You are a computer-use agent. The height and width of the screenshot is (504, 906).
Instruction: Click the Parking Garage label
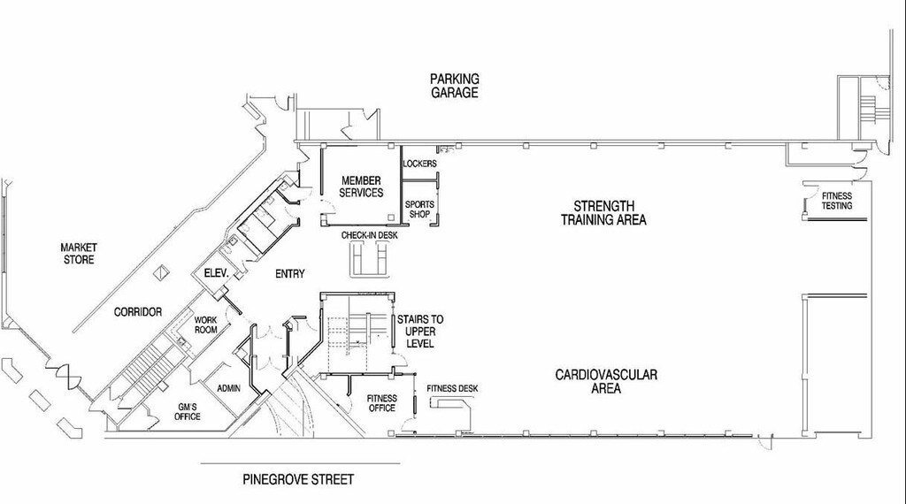click(x=455, y=85)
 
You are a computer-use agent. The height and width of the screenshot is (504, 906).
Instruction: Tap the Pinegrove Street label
click(x=298, y=480)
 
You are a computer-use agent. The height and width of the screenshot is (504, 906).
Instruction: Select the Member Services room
click(x=361, y=187)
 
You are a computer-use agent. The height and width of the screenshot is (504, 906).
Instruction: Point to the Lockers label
click(x=418, y=164)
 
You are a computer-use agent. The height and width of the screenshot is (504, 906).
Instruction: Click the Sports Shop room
click(x=419, y=209)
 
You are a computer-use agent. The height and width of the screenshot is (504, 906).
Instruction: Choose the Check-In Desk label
click(x=369, y=235)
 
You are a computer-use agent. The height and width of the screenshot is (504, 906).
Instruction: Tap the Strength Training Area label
click(x=603, y=213)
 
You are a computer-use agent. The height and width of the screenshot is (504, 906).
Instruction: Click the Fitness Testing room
click(x=836, y=201)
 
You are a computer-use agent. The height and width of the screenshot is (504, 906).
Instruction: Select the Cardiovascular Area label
click(x=606, y=381)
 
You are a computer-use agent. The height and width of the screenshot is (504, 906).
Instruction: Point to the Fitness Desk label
click(x=452, y=388)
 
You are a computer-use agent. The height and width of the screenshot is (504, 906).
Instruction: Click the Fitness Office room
click(x=381, y=403)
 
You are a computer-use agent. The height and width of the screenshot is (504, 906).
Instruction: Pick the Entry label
click(x=289, y=274)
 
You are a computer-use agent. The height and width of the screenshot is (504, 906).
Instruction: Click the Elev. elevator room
click(x=217, y=274)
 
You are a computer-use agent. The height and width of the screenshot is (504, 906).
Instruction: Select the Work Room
click(x=206, y=325)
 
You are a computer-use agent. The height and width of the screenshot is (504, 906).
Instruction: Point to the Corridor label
click(x=137, y=312)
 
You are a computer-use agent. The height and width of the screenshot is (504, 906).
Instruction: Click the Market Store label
click(x=78, y=253)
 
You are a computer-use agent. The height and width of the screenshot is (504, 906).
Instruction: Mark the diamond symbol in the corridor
click(x=161, y=272)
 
